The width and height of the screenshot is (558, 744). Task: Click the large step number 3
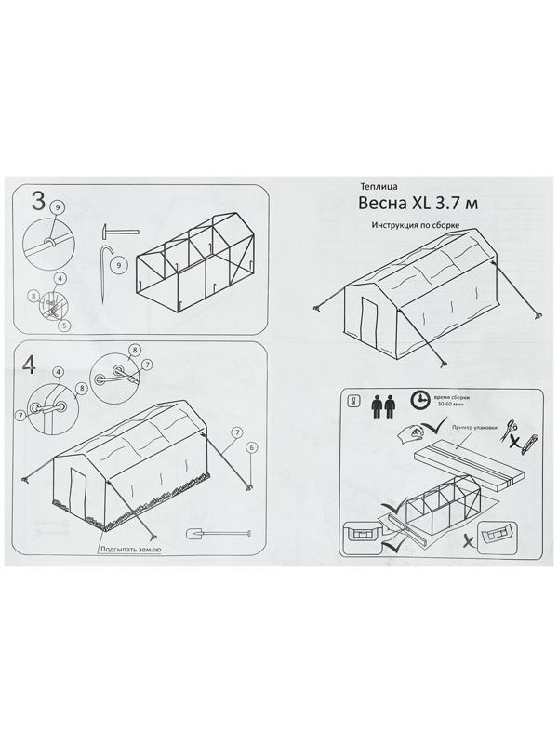[x=40, y=202]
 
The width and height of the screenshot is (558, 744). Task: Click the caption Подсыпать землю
[x=133, y=550]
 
